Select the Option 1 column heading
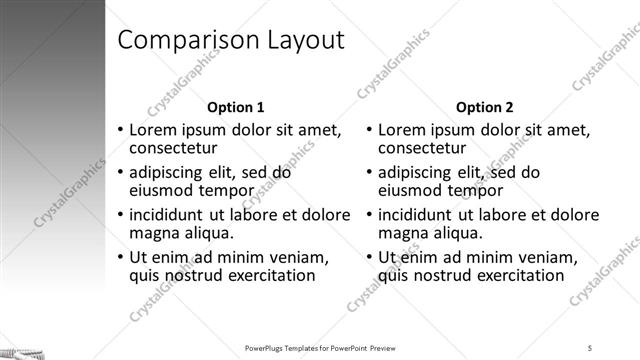coord(235,107)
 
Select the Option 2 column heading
coord(485,107)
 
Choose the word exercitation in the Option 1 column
coord(266,276)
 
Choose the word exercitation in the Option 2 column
coord(516,276)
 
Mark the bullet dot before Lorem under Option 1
coord(121,130)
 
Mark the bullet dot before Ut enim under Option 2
coord(371,258)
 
